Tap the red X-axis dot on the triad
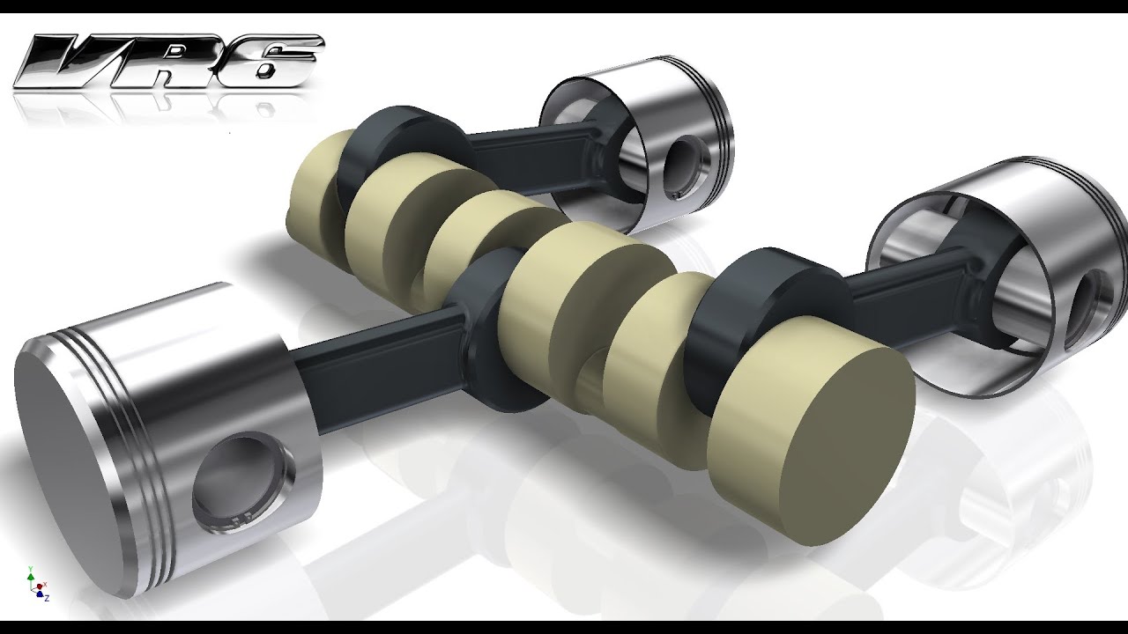click(43, 584)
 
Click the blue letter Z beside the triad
click(46, 598)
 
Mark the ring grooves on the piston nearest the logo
click(723, 114)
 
